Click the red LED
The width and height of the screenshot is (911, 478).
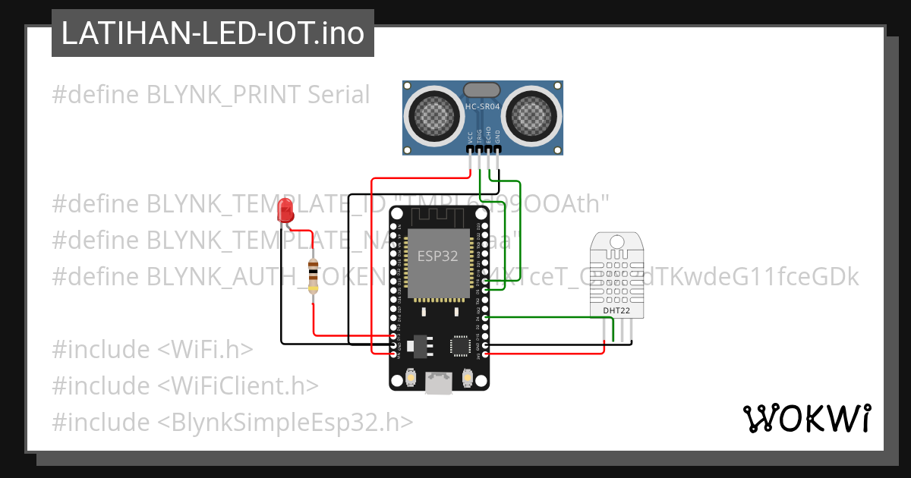coord(286,209)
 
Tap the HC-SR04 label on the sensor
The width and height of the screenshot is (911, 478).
coord(483,108)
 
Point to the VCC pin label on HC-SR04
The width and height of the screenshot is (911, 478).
coord(471,137)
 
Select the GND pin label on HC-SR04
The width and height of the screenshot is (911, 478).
coord(498,137)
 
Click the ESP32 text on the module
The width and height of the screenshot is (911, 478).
coord(437,256)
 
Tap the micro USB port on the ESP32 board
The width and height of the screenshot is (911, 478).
coord(439,384)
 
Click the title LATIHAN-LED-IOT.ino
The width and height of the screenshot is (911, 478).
coord(213,33)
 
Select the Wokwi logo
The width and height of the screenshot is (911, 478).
coord(806,418)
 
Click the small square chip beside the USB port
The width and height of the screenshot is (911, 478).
coord(461,345)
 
